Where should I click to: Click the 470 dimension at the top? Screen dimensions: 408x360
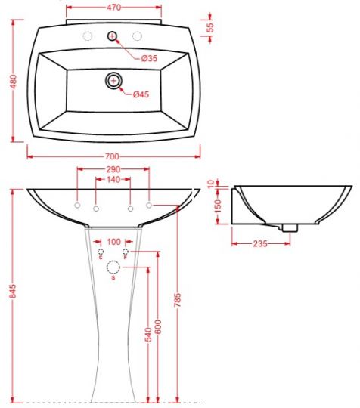(113, 8)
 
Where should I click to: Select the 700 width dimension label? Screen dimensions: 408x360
(113, 156)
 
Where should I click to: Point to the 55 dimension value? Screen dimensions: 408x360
(210, 28)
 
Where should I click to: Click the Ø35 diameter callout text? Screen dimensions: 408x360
(149, 58)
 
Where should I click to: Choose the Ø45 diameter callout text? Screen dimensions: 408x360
(141, 94)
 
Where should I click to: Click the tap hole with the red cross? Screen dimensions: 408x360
(113, 36)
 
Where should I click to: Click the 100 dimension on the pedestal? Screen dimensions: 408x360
(113, 242)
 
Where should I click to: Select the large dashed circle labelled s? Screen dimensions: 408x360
(113, 267)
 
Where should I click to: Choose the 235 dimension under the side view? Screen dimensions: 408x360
(260, 243)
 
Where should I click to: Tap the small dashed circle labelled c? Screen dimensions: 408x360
(101, 251)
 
